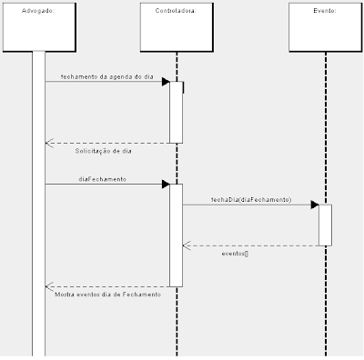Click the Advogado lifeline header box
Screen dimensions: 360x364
(38, 27)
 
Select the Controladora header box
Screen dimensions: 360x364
(177, 27)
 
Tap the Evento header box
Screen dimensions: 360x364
(325, 27)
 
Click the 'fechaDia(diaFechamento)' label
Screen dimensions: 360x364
(251, 198)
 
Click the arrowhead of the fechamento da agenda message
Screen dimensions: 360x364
(166, 82)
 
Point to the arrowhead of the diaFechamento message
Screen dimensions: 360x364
(166, 185)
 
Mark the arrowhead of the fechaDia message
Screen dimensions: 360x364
(314, 205)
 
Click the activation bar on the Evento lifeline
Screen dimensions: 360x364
(325, 225)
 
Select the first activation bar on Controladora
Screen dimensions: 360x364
(177, 112)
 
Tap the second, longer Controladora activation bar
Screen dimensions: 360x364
(177, 235)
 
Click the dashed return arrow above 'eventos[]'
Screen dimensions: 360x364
(250, 245)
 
